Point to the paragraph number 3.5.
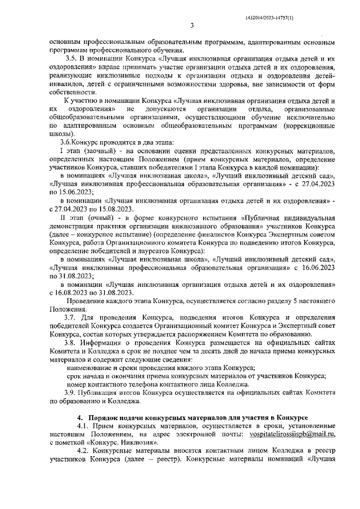tap(72, 59)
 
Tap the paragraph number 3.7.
tap(72, 317)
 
